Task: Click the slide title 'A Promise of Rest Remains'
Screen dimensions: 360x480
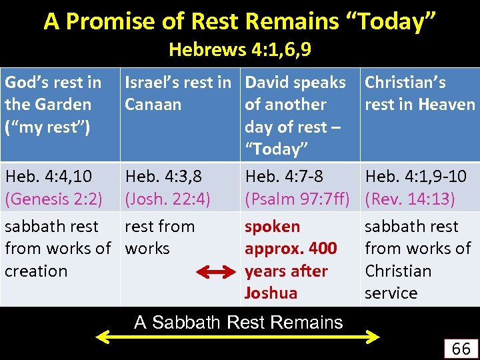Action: pos(240,21)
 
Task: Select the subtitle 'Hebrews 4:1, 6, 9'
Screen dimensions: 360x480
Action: pos(240,49)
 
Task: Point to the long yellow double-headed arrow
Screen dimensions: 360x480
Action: pos(238,339)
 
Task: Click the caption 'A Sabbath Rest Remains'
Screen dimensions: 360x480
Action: pos(238,323)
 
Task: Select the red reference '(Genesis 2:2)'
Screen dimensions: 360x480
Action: pos(53,199)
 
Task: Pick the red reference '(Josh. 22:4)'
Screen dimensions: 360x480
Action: pos(168,199)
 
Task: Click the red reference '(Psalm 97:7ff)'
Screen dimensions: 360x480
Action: pos(297,199)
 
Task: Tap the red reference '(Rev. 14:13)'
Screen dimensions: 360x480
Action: pos(411,199)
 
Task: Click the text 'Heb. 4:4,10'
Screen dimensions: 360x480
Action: pos(49,177)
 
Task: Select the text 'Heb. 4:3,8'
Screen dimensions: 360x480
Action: pos(163,177)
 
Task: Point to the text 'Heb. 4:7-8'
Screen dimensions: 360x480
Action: pos(284,177)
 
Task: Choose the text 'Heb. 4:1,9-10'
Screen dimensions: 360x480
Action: pos(415,177)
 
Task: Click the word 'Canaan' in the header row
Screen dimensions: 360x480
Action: pos(153,105)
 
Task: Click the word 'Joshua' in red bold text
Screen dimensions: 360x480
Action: pos(271,293)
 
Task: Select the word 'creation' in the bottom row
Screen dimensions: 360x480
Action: pos(36,271)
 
